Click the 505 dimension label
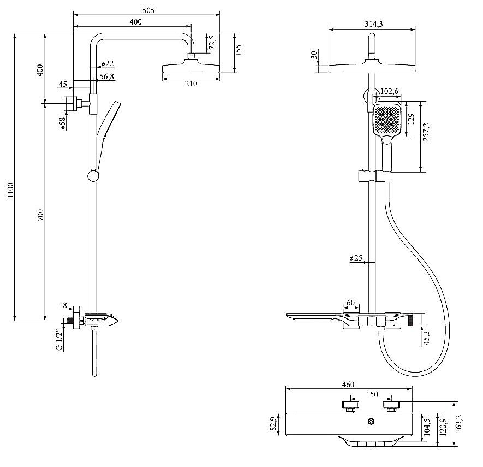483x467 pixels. click(148, 10)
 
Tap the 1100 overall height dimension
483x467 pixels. click(11, 190)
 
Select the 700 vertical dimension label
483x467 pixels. click(41, 215)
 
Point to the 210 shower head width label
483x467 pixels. click(191, 84)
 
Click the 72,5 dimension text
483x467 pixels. click(212, 42)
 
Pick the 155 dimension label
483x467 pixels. click(238, 50)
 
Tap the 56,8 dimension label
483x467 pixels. click(106, 76)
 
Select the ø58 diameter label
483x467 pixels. click(63, 123)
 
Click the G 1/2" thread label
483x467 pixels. click(59, 340)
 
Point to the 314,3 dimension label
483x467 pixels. click(373, 23)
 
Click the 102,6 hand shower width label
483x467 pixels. click(389, 91)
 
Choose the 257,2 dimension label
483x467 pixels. click(426, 132)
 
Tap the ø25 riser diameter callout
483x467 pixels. click(356, 258)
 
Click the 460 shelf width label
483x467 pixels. click(348, 385)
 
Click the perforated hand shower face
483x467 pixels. click(387, 119)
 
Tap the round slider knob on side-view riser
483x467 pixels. click(93, 175)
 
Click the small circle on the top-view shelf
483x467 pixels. click(372, 421)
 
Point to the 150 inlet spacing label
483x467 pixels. click(372, 394)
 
